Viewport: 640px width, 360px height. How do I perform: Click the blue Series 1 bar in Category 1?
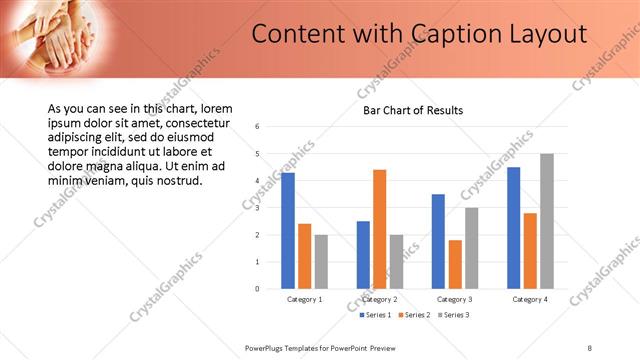(x=287, y=231)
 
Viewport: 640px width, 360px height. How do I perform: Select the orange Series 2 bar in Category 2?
(x=379, y=229)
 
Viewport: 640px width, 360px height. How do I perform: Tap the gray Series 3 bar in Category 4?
(x=546, y=221)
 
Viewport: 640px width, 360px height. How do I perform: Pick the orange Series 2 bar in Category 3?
(x=455, y=264)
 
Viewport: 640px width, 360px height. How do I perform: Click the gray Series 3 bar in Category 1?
(x=321, y=262)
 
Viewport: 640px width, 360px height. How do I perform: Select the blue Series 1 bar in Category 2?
(x=362, y=255)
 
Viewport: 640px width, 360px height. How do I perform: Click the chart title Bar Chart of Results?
(x=412, y=110)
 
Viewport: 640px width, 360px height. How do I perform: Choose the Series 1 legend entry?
(x=376, y=315)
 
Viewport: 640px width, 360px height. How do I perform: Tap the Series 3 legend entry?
(x=451, y=315)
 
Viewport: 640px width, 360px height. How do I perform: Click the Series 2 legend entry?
(x=414, y=315)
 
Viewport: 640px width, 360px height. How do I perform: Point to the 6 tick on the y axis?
(x=257, y=127)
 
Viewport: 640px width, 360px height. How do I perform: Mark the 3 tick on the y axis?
(x=257, y=208)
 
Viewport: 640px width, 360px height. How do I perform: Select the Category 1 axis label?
(x=304, y=299)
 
